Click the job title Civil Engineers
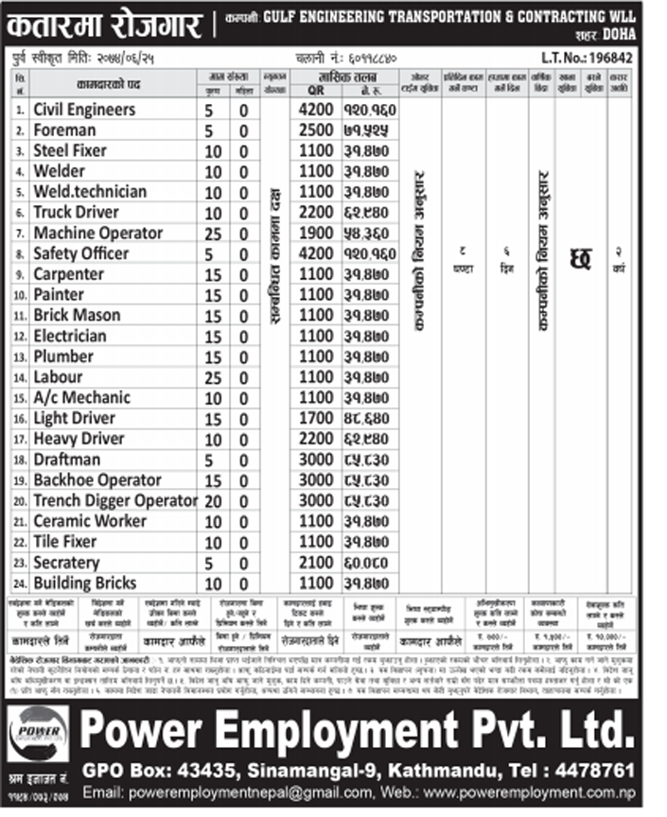pyautogui.click(x=84, y=110)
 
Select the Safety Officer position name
pyautogui.click(x=80, y=253)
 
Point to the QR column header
pyautogui.click(x=315, y=91)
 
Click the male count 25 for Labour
pyautogui.click(x=214, y=377)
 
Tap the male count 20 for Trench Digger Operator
pyautogui.click(x=214, y=500)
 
